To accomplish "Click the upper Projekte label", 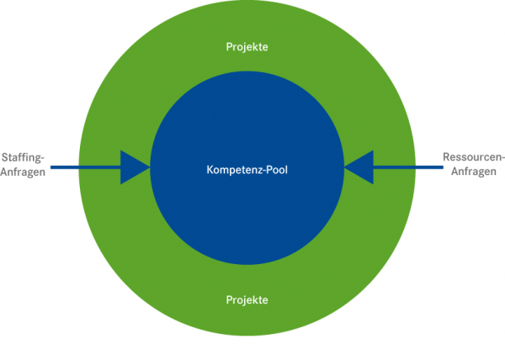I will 247,46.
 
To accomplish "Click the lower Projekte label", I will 247,299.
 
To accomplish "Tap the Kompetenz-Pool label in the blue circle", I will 247,169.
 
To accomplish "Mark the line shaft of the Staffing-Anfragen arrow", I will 84,167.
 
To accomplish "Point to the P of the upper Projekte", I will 229,46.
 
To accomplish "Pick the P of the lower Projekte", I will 229,299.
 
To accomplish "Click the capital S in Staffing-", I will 4,157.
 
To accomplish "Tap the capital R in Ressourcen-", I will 446,157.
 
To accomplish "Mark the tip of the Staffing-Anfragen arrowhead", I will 149,167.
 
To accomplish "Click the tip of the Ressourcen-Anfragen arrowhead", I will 344,167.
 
